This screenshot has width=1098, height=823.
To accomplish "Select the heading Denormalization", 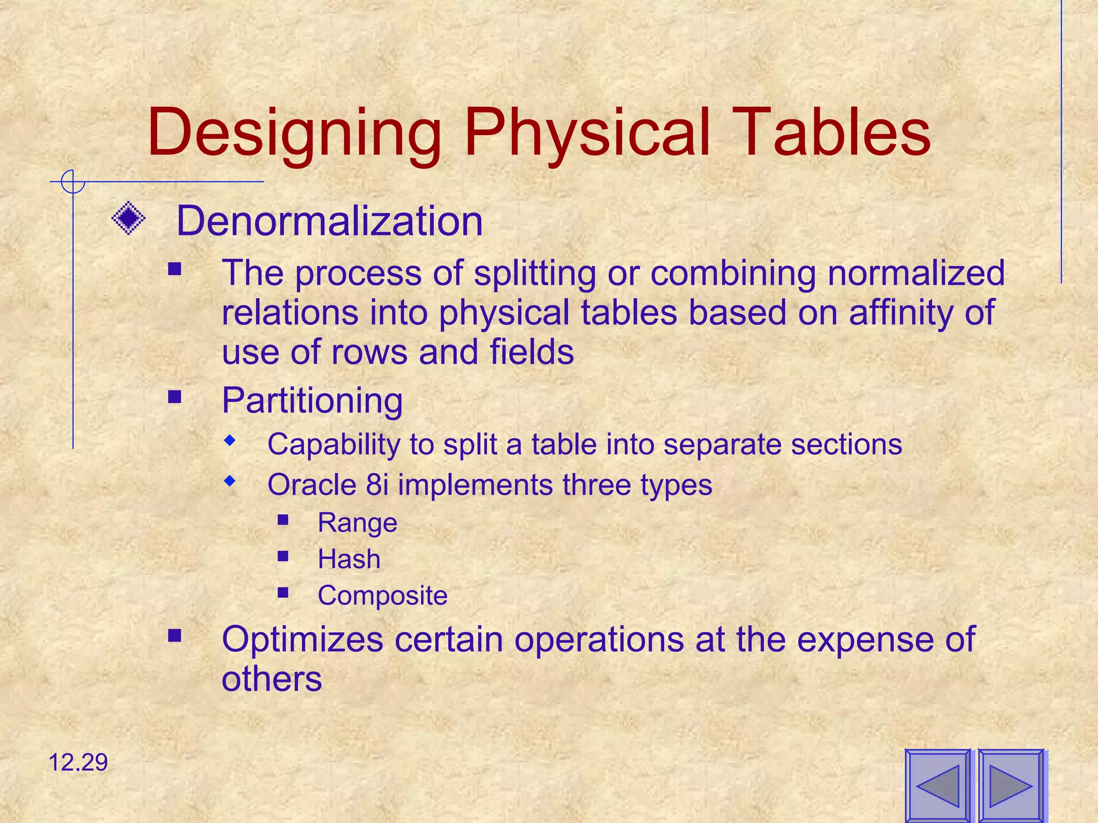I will click(329, 221).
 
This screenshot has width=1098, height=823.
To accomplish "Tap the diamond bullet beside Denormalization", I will click(129, 218).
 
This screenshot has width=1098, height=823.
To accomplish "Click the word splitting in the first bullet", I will click(535, 273).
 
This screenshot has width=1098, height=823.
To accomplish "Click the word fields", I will click(531, 352).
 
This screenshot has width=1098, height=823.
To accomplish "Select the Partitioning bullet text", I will click(312, 400).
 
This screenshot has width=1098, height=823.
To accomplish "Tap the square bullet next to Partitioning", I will click(175, 397).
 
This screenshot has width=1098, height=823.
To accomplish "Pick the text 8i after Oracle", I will click(377, 485).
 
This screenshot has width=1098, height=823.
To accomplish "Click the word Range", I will click(357, 522).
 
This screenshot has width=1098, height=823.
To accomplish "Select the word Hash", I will click(349, 559).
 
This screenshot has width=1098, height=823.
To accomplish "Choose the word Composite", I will click(382, 596).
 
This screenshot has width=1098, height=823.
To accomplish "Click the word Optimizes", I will click(302, 639).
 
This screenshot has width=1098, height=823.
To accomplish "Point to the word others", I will click(271, 679).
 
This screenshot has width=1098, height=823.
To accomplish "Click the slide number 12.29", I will click(78, 762).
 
